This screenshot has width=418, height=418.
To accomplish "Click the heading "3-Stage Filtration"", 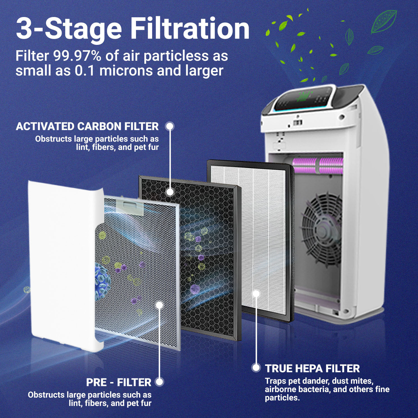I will point(133,29).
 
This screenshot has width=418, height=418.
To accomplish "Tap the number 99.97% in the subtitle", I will point(77,56).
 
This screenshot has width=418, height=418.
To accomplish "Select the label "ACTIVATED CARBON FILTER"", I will point(87,126).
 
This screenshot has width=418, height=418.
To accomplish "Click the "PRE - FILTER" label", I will point(118,382).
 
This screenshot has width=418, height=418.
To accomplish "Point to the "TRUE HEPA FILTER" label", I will point(312,368).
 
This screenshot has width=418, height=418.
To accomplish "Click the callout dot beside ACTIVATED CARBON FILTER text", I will point(170,126).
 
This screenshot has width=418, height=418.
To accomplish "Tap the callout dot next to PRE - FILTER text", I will point(159,382).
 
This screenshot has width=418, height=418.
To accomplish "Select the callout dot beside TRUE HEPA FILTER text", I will point(256,368).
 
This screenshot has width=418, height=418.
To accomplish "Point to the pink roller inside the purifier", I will point(318,166).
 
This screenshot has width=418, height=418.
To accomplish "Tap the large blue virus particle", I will point(102,281).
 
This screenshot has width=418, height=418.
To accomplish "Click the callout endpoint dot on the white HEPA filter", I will point(256,293).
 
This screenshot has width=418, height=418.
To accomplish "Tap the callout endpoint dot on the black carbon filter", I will point(170,192).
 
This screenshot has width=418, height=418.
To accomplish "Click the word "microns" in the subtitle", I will point(126,71).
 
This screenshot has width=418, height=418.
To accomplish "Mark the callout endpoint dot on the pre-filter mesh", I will point(159,305).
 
